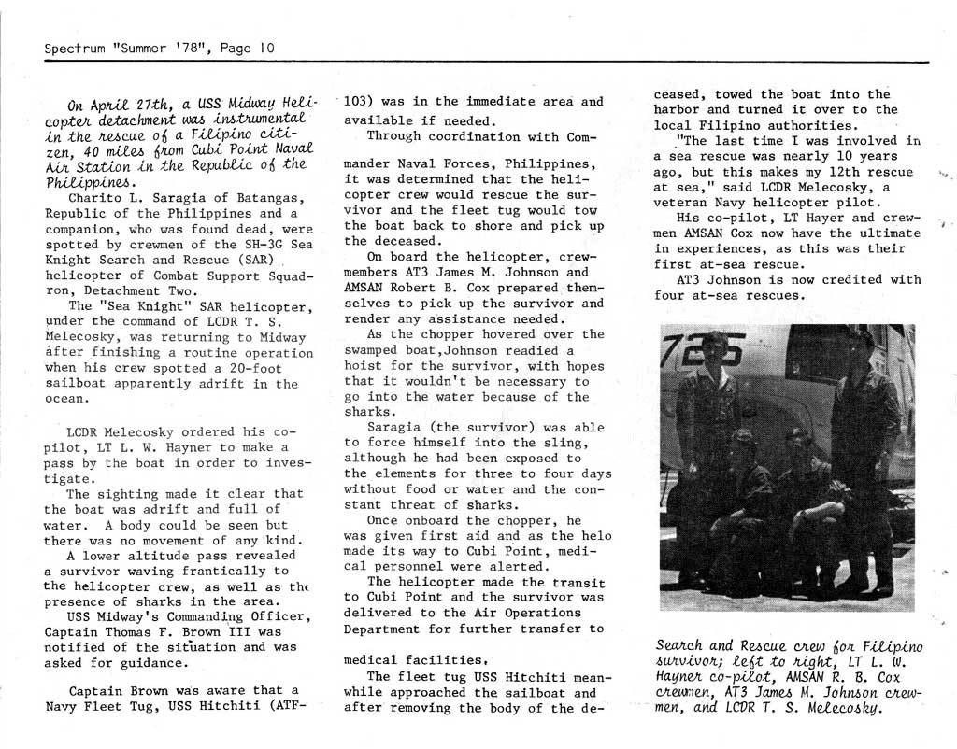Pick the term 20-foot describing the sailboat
247,367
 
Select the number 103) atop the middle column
360,101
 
